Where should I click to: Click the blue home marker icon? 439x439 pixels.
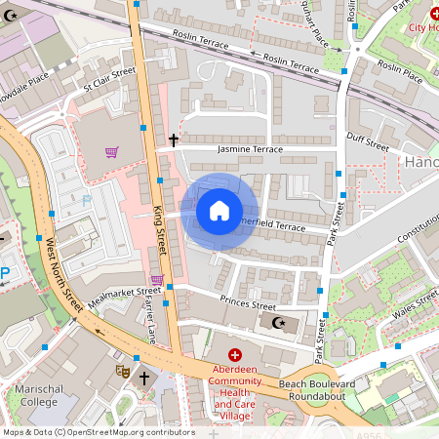click(219, 210)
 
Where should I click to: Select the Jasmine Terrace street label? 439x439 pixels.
click(250, 149)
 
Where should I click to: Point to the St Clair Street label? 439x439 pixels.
click(108, 78)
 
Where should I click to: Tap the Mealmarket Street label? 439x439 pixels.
click(124, 292)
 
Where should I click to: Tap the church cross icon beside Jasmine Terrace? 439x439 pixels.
click(174, 140)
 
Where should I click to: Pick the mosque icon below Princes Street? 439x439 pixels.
click(278, 322)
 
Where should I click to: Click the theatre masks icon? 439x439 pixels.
click(124, 372)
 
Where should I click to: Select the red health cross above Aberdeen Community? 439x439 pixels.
click(234, 354)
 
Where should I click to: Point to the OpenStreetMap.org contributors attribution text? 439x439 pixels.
click(129, 431)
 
